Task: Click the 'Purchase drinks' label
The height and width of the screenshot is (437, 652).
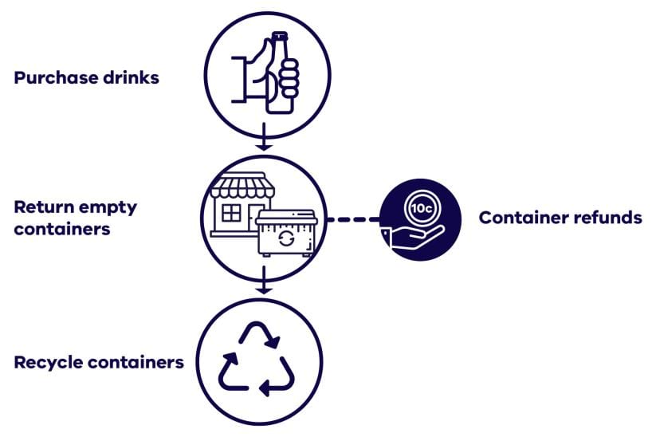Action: click(x=86, y=79)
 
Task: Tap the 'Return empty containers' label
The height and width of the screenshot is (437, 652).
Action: click(x=76, y=218)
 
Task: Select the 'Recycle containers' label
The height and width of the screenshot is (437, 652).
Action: click(x=99, y=363)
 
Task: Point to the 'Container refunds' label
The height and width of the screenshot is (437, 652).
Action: click(x=560, y=218)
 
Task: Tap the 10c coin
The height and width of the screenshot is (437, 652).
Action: click(x=419, y=207)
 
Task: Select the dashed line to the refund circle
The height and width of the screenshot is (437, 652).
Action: click(x=352, y=218)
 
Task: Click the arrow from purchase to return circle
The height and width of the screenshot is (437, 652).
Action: click(x=263, y=142)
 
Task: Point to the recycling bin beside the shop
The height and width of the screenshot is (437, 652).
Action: click(x=285, y=233)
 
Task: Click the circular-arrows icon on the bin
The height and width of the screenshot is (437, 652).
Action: click(x=285, y=238)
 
